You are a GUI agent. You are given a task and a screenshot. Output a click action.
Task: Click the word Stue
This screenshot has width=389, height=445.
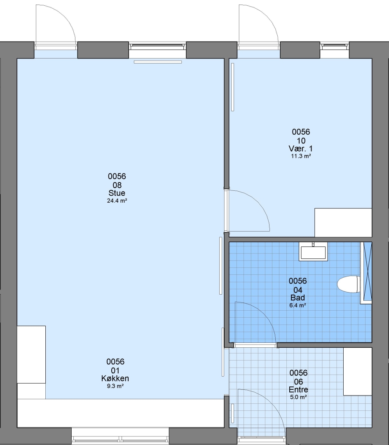[117, 193]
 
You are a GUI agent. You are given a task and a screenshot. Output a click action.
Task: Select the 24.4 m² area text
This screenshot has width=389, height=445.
[117, 201]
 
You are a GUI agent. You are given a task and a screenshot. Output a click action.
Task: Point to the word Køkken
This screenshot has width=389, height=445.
[115, 378]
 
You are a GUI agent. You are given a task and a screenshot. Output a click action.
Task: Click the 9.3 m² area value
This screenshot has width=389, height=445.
[115, 386]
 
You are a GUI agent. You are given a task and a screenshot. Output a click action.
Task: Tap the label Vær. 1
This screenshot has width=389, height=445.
[301, 148]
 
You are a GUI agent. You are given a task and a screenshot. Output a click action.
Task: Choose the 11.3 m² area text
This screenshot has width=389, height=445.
[301, 156]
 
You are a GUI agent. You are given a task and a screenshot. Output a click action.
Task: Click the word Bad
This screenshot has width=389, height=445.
[298, 298]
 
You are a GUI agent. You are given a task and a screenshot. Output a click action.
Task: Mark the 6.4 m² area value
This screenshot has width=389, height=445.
[298, 305]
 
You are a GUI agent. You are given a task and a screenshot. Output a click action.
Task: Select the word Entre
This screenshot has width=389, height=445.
[298, 389]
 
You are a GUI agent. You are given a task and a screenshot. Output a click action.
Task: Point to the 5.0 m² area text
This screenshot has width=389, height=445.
[298, 397]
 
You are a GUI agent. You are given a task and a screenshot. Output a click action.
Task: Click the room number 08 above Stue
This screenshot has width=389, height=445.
[117, 185]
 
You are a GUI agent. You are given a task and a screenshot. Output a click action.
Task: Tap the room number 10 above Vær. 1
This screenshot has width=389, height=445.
[301, 141]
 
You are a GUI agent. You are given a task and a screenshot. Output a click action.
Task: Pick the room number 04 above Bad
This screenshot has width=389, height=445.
[298, 290]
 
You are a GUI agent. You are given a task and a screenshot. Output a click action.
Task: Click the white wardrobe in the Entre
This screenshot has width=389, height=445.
[358, 371]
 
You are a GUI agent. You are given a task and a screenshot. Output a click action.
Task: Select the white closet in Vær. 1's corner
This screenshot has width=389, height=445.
[343, 222]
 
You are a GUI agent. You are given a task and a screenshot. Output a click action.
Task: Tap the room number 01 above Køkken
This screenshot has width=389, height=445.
[115, 370]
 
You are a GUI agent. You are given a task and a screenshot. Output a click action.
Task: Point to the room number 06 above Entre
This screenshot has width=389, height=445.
[298, 382]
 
